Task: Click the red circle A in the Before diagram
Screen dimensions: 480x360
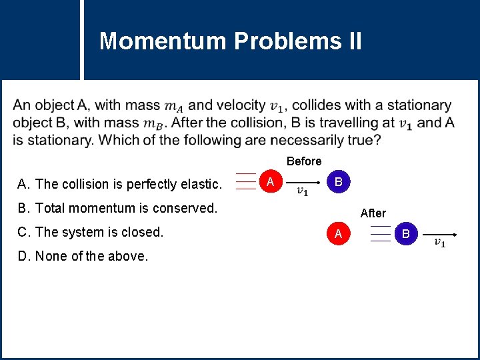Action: (269, 182)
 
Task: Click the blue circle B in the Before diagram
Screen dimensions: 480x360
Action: (339, 182)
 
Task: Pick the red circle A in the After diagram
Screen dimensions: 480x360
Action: (339, 233)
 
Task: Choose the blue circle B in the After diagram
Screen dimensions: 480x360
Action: (406, 233)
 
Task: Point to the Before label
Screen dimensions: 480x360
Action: (304, 161)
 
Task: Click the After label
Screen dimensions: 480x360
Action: (373, 213)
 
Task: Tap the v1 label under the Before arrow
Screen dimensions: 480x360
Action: (302, 192)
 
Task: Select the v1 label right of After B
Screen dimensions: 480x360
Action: (440, 243)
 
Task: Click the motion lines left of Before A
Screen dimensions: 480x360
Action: (245, 182)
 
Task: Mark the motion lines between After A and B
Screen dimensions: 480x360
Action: (380, 233)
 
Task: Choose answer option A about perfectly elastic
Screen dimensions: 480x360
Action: (120, 184)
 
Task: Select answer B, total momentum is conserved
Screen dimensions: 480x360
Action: (118, 208)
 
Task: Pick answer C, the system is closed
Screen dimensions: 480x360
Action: (91, 232)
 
